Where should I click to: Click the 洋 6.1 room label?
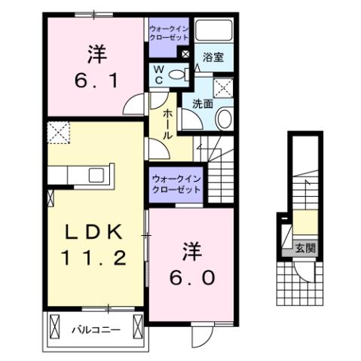(95, 66)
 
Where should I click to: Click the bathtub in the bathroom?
(214, 31)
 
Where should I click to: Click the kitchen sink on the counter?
(96, 176)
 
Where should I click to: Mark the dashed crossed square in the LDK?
(58, 133)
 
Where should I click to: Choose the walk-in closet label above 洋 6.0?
(176, 184)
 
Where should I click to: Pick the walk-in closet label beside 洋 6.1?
(169, 33)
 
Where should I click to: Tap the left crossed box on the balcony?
(54, 326)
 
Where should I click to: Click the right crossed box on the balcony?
(137, 326)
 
